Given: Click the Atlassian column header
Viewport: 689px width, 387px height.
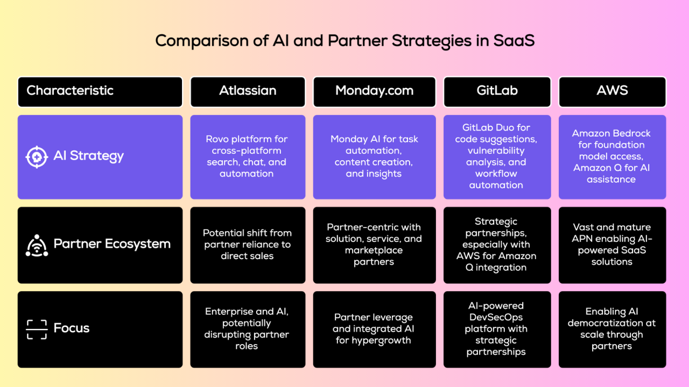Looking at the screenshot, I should coord(248,91).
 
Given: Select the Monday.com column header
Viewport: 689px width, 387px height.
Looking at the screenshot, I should coord(374,91).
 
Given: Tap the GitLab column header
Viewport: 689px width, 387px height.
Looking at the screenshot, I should coord(497,91).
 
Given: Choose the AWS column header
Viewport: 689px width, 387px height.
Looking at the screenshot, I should coord(612,91).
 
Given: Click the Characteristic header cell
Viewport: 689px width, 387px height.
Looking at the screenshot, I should coord(100,91).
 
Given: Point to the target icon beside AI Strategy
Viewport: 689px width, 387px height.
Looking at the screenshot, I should coord(37,157).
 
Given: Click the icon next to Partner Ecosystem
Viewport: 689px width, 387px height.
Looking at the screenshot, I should coord(37,245).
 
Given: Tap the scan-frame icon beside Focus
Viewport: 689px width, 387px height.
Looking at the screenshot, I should coord(37,329).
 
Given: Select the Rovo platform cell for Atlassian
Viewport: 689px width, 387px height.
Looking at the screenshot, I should coord(248,156).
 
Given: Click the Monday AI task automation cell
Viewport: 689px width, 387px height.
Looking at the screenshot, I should coord(374,156).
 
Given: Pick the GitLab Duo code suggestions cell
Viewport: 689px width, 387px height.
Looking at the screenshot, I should coord(497,156).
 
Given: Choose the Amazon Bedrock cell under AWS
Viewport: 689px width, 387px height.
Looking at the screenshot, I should coord(612,156).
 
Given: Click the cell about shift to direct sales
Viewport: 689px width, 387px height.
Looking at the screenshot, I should coord(248,245).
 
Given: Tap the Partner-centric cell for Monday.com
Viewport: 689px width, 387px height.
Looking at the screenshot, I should coord(374,245).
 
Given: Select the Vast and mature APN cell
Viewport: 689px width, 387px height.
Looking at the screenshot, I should coord(612,245).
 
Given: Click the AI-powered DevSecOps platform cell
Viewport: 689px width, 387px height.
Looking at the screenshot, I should coord(497,329).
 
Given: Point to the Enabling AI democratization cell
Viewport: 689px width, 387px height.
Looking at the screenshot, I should coord(612,329).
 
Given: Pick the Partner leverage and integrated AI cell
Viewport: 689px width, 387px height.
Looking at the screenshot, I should coord(374,329).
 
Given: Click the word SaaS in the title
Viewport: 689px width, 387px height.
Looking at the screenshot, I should coord(514,41).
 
